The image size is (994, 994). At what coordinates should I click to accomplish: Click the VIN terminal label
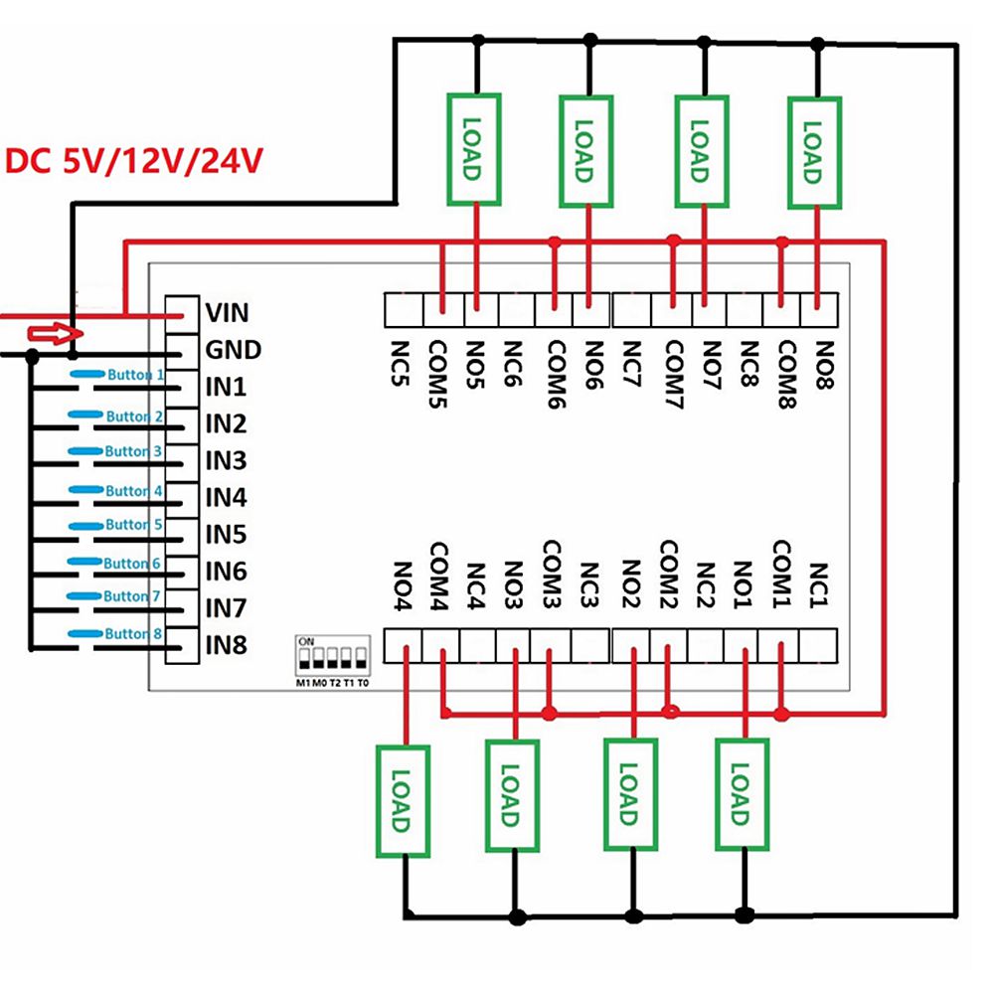227,313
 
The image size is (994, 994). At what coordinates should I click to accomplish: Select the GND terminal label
233,350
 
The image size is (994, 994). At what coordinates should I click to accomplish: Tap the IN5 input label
226,536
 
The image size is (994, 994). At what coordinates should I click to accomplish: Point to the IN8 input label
226,645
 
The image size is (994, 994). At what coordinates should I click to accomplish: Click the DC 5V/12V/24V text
134,160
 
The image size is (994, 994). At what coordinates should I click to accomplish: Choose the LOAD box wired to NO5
470,150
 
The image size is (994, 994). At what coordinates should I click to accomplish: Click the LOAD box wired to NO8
814,152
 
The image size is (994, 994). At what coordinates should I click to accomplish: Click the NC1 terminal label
819,586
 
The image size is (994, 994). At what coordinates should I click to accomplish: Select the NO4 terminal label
404,586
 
